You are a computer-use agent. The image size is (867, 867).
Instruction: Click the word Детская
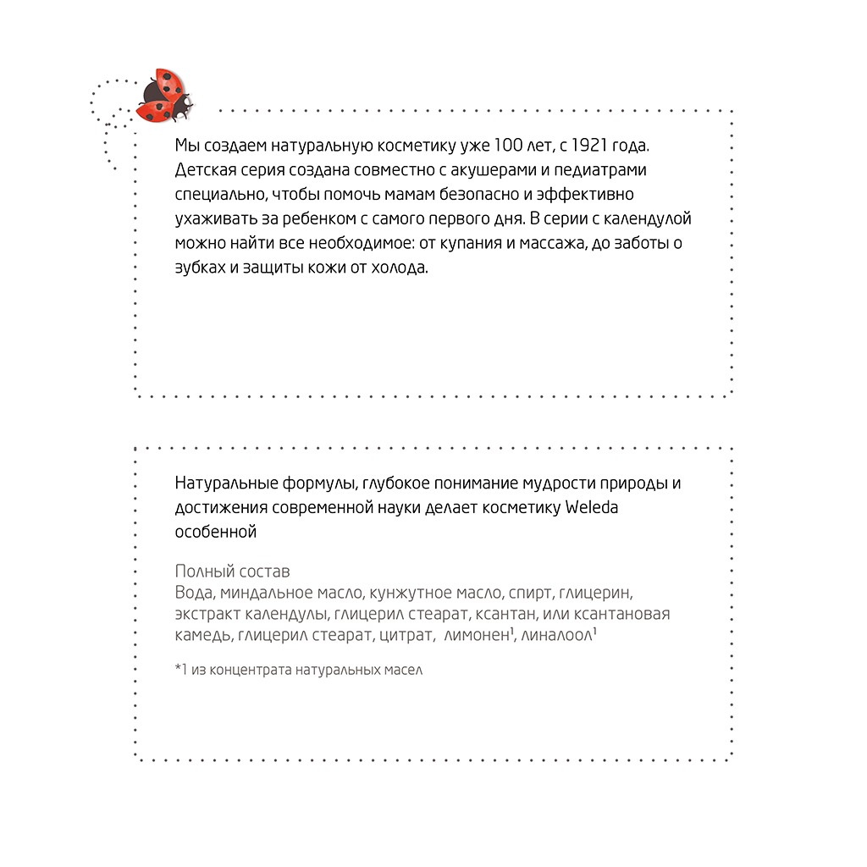coord(204,169)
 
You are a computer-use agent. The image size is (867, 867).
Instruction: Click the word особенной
coord(215,533)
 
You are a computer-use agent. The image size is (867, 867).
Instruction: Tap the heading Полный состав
coord(232,571)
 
